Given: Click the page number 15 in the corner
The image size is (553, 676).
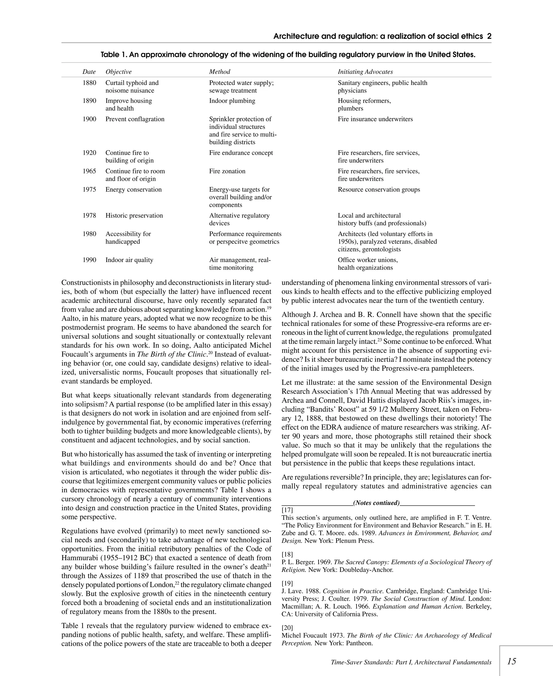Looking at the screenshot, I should pyautogui.click(x=511, y=661).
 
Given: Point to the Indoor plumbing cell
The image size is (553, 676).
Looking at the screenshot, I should pyautogui.click(x=232, y=101).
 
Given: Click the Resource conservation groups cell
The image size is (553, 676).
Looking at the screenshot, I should pyautogui.click(x=379, y=190).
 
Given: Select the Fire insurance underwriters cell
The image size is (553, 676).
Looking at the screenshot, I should pyautogui.click(x=375, y=119).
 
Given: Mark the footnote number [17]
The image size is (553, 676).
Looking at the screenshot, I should pyautogui.click(x=287, y=510).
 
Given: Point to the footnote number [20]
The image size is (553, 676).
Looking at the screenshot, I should pyautogui.click(x=287, y=628).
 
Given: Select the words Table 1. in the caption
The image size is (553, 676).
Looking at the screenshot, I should pyautogui.click(x=114, y=55).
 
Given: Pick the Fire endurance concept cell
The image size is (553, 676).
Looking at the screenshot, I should pyautogui.click(x=241, y=153).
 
